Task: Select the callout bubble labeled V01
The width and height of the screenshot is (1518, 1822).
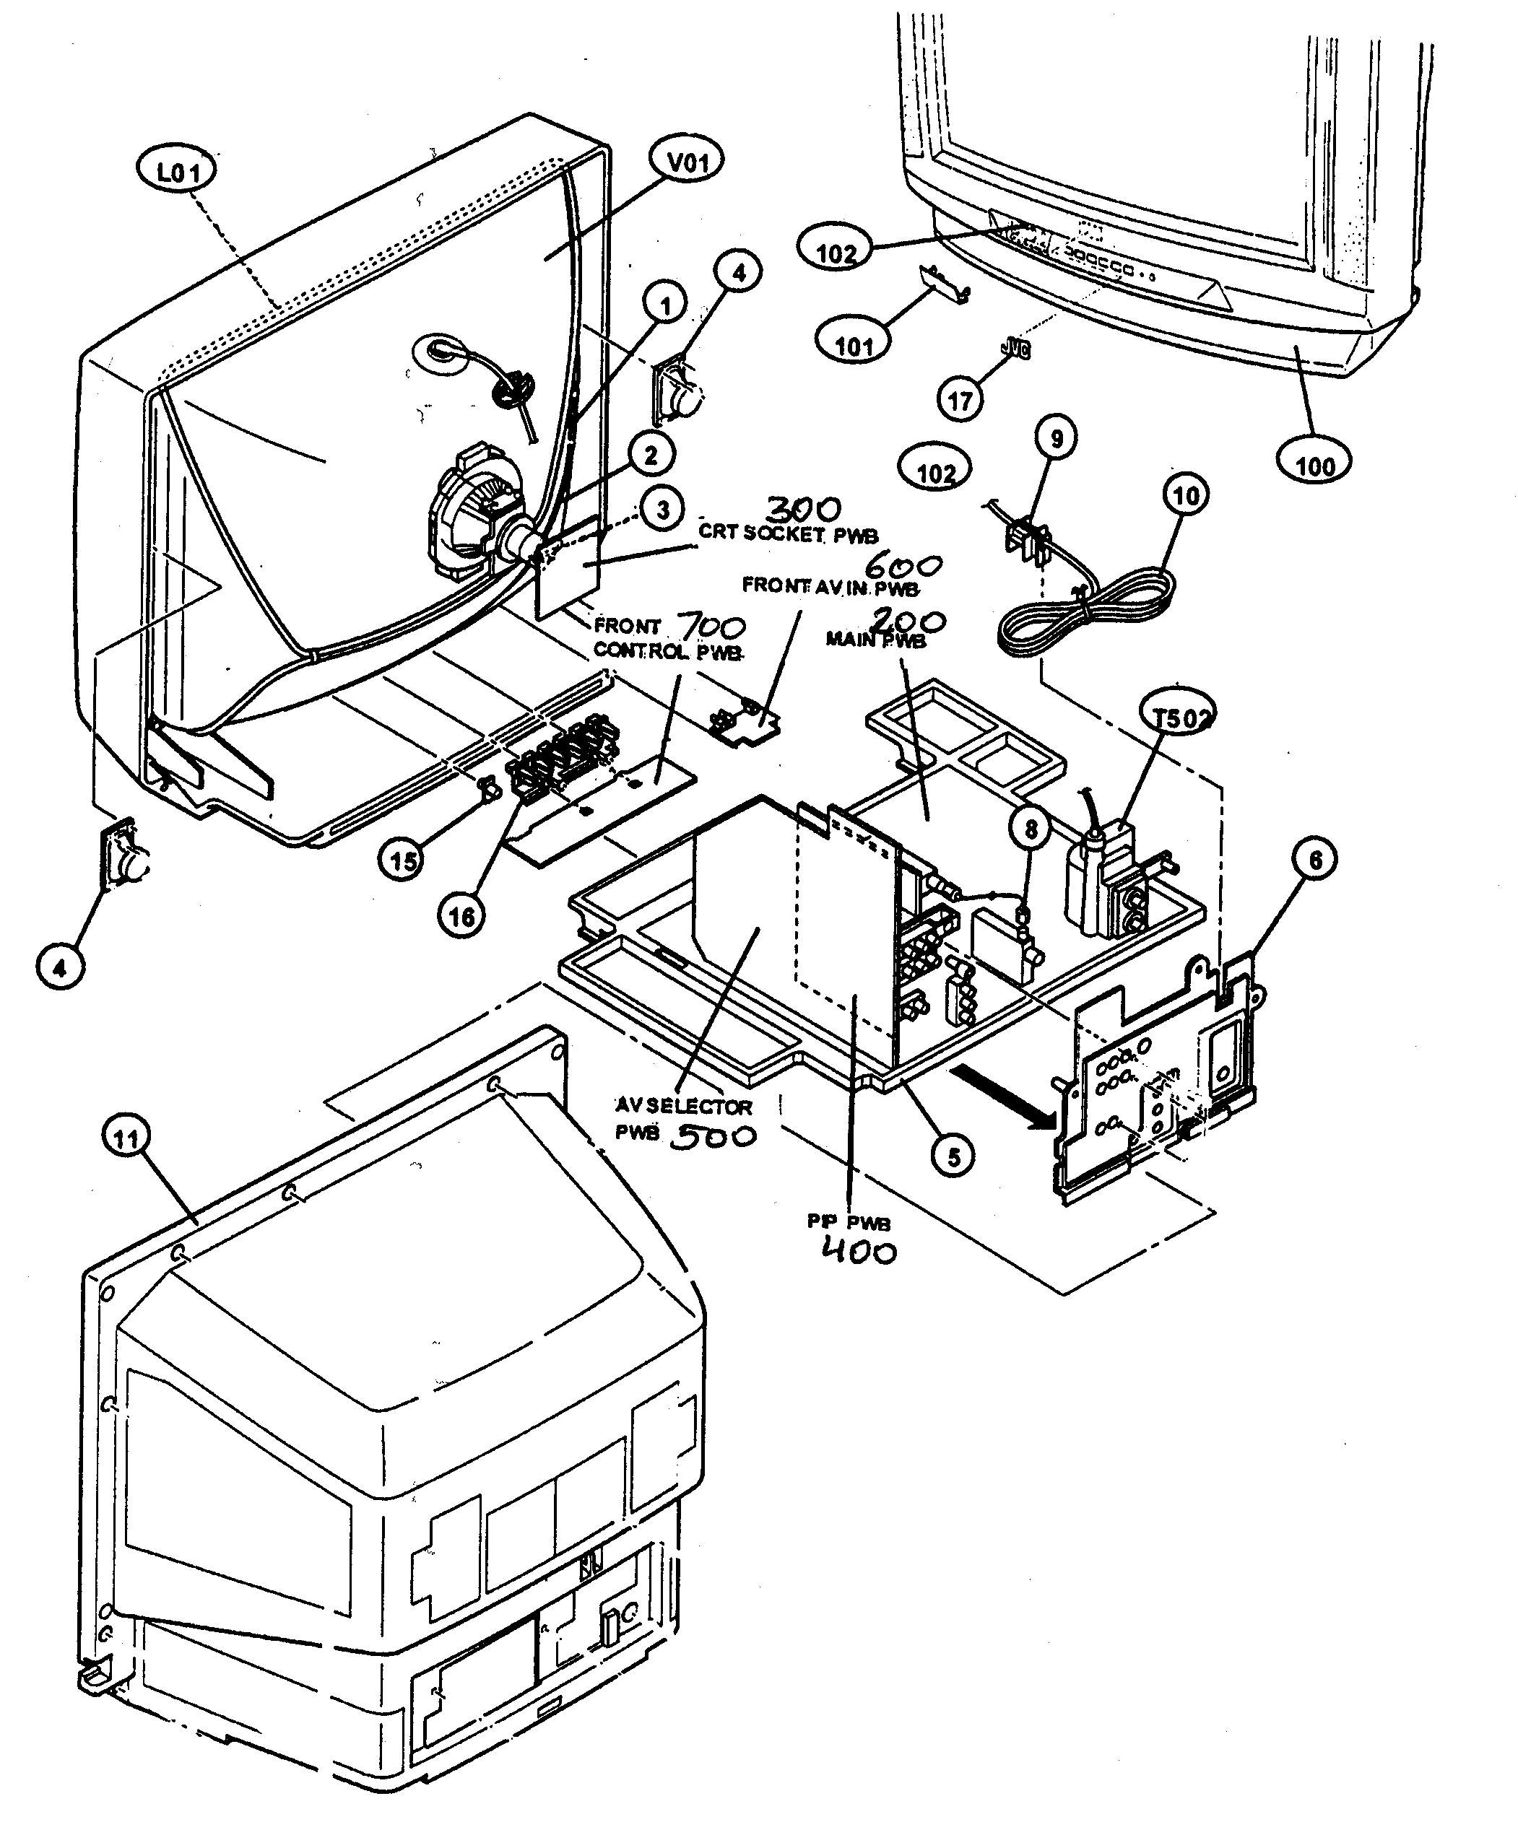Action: [688, 162]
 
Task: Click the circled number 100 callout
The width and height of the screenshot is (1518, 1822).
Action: [1315, 466]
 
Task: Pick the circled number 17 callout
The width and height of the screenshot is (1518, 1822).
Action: [960, 400]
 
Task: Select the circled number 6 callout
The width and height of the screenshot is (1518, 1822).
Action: [1314, 860]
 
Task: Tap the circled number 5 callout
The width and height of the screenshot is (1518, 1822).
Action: [953, 1157]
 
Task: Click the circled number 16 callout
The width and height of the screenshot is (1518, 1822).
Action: [461, 916]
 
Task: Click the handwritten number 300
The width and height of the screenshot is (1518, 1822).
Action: [803, 510]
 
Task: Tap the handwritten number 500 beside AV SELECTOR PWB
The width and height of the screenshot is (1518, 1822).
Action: [714, 1136]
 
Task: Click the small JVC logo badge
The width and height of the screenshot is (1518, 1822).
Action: [1015, 349]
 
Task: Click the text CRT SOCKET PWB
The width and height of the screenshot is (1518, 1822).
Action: [788, 533]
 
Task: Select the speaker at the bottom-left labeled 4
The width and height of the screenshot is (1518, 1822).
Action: [126, 855]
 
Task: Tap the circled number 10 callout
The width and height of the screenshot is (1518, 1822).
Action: [1186, 495]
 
